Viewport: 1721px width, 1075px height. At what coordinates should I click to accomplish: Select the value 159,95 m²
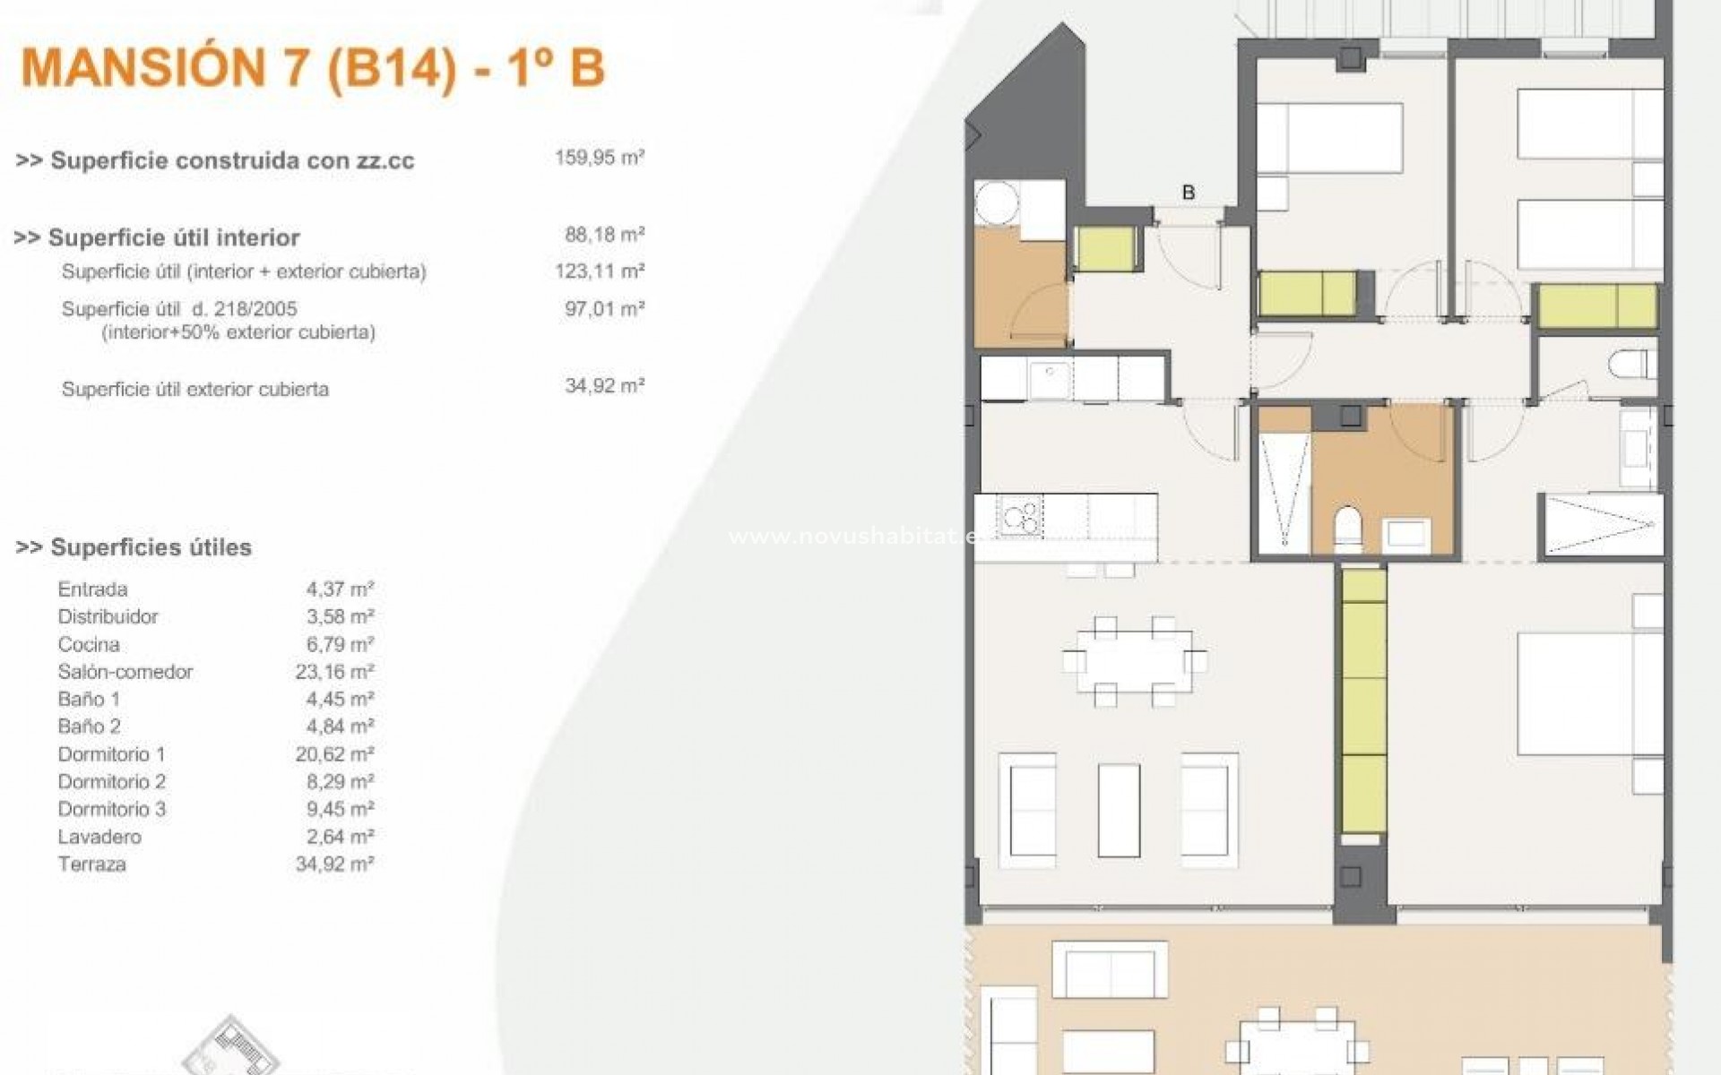pos(600,159)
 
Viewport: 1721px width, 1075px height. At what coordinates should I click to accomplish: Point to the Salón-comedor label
pos(125,672)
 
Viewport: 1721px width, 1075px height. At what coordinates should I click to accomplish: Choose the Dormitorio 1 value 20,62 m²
pos(334,754)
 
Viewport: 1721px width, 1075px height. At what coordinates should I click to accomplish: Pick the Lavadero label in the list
pos(99,837)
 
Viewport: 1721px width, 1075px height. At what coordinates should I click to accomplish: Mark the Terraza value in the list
pos(334,864)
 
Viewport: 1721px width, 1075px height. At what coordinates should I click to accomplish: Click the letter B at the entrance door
pos(1189,193)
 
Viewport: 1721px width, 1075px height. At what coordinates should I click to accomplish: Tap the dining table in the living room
pos(1134,660)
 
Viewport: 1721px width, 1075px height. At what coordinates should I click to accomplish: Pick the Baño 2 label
pos(89,727)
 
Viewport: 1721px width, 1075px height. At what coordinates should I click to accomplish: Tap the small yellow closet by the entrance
pos(1105,249)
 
